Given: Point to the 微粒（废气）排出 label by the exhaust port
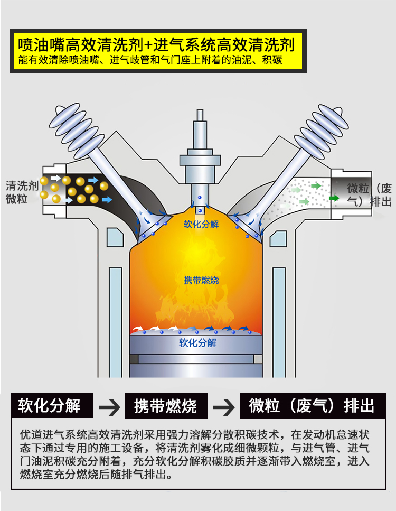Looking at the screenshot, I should (x=369, y=195).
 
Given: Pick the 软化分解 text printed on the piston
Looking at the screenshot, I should (x=197, y=342).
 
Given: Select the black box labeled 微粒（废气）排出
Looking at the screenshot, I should (x=312, y=405).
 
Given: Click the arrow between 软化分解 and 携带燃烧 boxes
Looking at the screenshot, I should (x=109, y=407).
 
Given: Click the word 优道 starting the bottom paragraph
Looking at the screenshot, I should (x=30, y=435).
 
